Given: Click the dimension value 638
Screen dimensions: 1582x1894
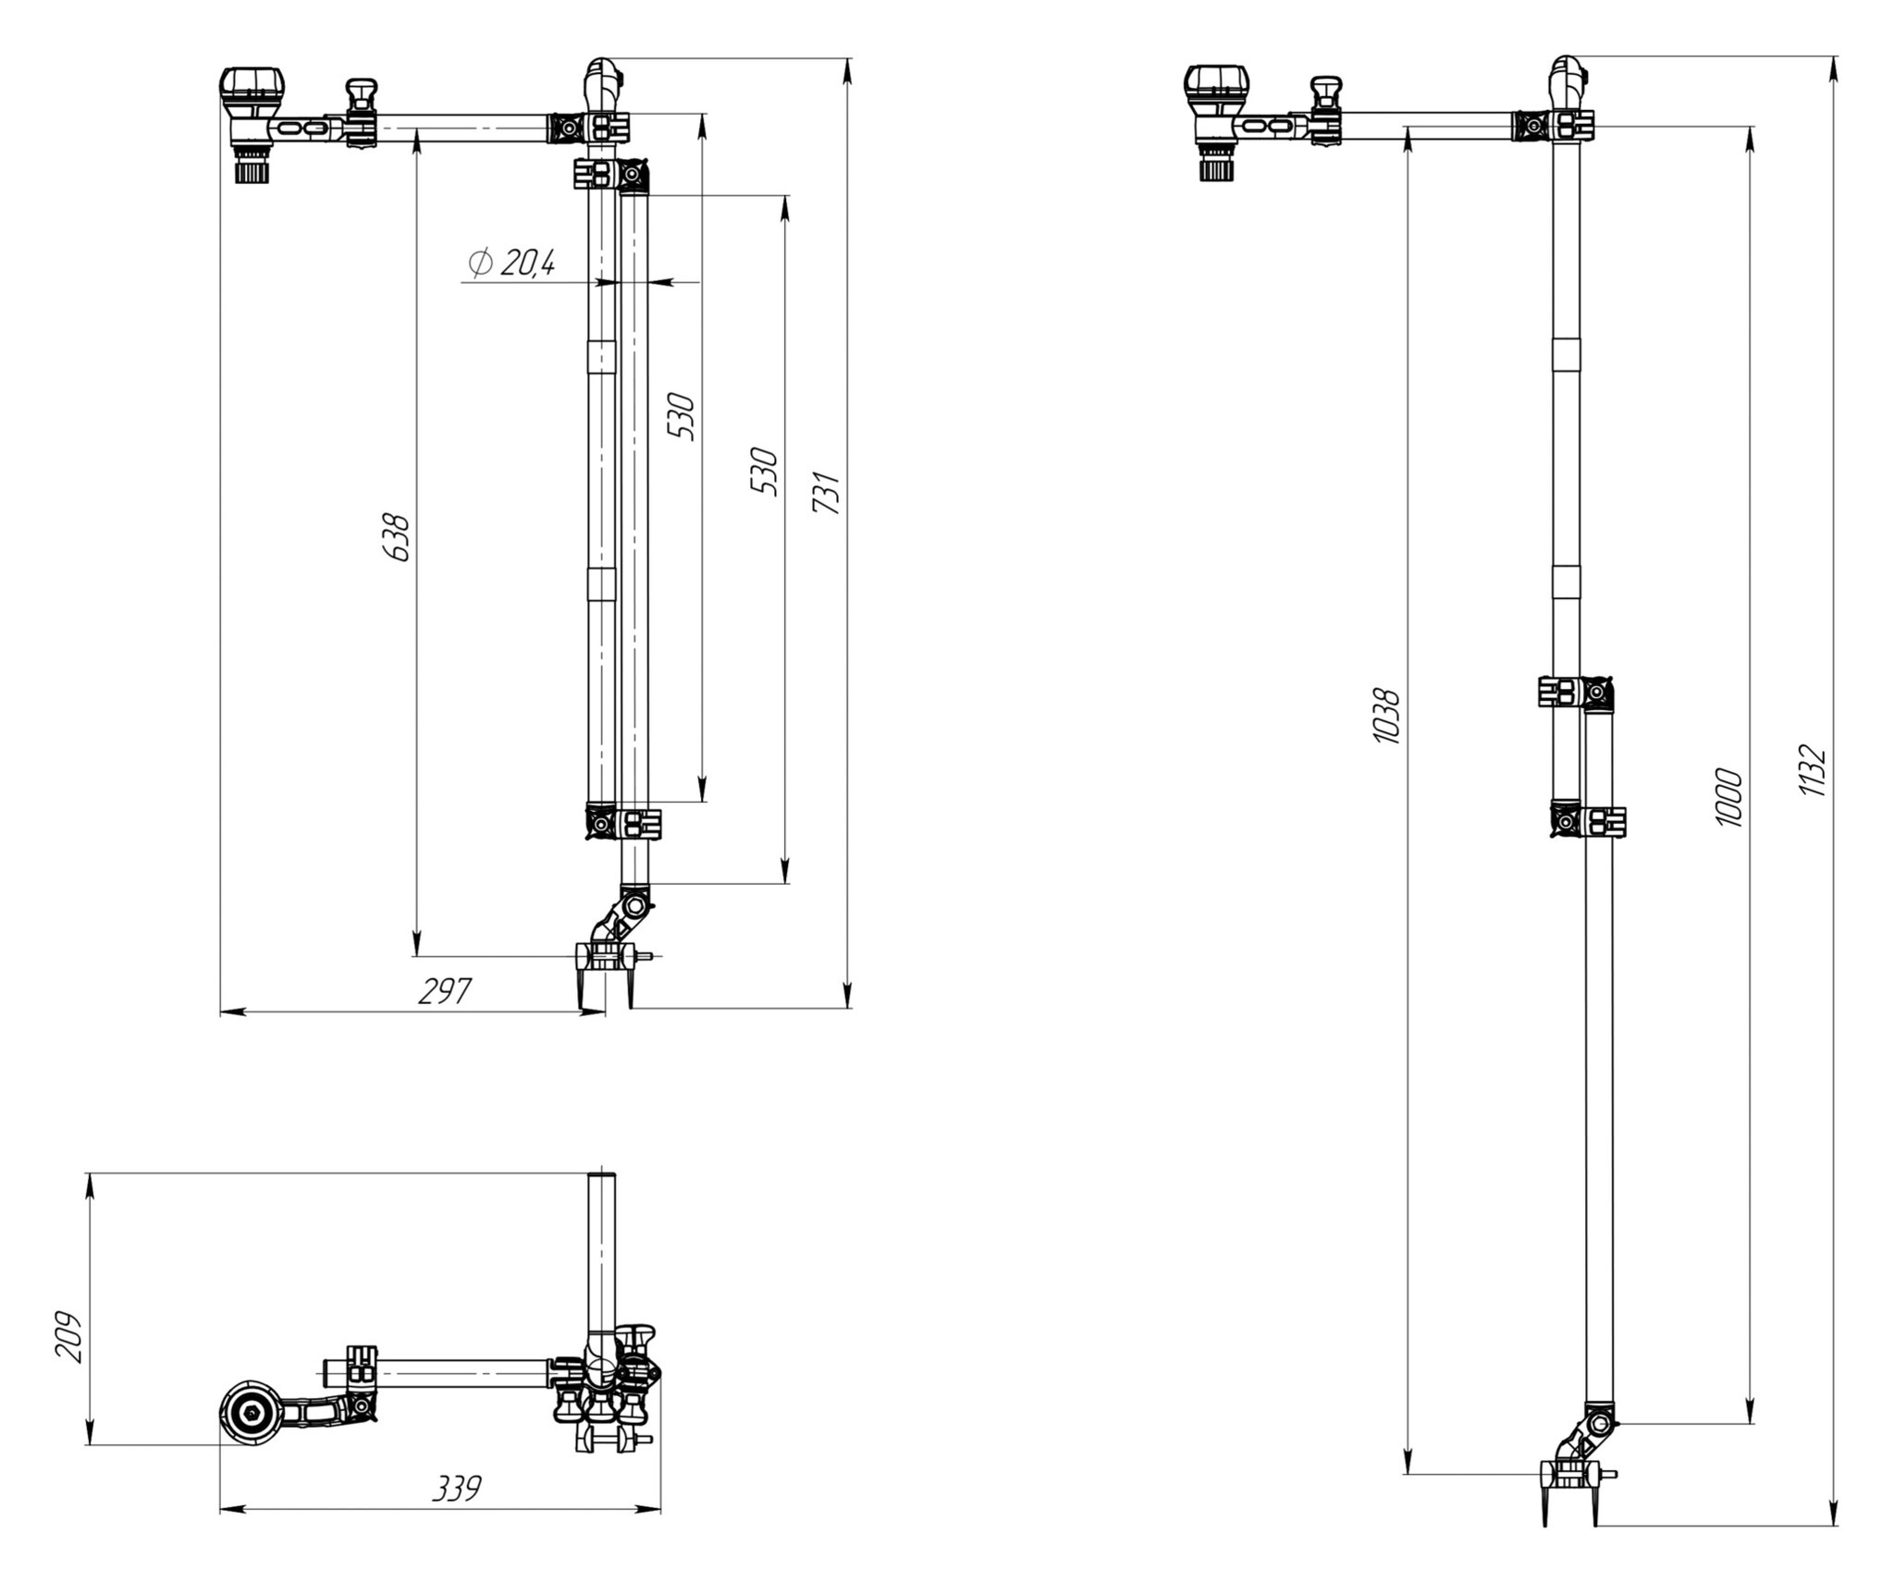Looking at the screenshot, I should pyautogui.click(x=397, y=537).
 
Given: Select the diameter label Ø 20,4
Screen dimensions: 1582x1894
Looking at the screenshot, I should pyautogui.click(x=511, y=264).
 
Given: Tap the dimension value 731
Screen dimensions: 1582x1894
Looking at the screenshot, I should pyautogui.click(x=826, y=492).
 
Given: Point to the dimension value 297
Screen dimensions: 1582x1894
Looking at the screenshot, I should pyautogui.click(x=445, y=991).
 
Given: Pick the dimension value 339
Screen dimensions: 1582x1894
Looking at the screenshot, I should pyautogui.click(x=457, y=1489).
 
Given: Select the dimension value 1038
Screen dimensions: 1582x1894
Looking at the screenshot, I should pyautogui.click(x=1385, y=715).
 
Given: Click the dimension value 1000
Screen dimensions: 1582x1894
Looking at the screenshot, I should pyautogui.click(x=1728, y=797).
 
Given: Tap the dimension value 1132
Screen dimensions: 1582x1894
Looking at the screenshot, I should pyautogui.click(x=1812, y=770).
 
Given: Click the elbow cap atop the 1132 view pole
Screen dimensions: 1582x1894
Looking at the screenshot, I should pyautogui.click(x=1567, y=74).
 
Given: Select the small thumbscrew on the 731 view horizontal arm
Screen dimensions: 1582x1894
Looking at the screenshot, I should pyautogui.click(x=362, y=93).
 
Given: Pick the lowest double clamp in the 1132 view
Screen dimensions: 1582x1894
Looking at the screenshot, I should pyautogui.click(x=1588, y=820).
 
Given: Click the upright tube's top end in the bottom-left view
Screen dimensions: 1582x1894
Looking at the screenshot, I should pyautogui.click(x=602, y=1176).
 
